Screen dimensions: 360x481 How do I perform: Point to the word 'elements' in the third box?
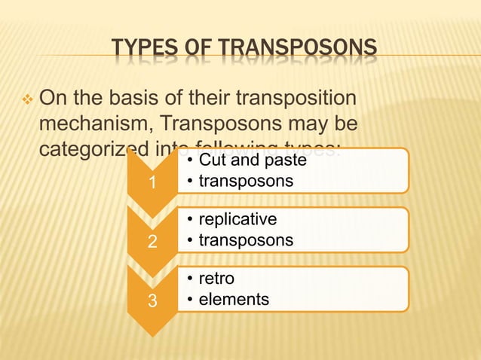coord(234,299)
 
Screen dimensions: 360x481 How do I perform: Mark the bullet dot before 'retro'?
coord(191,280)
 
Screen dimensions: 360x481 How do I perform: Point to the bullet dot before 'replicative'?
coord(191,221)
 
